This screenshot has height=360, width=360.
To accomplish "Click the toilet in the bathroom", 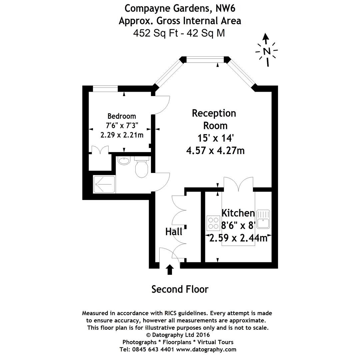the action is pos(142,167).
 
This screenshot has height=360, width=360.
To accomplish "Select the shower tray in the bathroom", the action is pos(104,184).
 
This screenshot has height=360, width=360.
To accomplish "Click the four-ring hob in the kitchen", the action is pos(213,223).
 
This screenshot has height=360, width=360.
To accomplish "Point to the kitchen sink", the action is pos(263,219).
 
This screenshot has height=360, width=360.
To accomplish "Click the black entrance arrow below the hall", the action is pos(170,270).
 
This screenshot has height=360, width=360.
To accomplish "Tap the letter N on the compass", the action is pos(267,51).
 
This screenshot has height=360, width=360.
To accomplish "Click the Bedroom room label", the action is pos(122,116).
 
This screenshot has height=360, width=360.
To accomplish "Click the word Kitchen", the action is pos(238,213).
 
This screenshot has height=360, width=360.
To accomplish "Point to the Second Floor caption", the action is pos(180,289).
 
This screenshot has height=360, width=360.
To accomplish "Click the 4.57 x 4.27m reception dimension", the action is pos(215,151).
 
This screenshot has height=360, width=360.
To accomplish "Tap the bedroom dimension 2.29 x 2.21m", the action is pos(122,135).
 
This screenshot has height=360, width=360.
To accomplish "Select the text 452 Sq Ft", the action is pos(156,33).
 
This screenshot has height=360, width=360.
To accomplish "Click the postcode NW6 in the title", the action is pos(225,8).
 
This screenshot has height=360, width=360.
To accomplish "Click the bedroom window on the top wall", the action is pos(105,89).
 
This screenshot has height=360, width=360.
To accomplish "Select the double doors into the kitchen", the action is pos(239,184).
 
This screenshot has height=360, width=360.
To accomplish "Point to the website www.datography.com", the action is pos(206,350).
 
